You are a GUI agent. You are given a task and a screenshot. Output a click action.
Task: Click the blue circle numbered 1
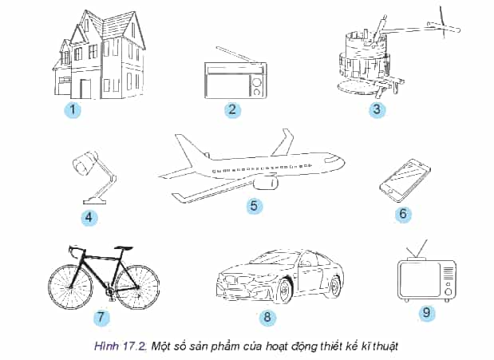click(73, 110)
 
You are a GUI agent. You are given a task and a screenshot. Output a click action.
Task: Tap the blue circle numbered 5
click(254, 206)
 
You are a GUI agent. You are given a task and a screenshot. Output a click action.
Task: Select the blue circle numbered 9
click(426, 312)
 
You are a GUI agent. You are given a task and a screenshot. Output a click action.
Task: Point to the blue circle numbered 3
click(377, 109)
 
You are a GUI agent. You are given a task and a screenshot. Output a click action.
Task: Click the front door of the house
click(85, 89)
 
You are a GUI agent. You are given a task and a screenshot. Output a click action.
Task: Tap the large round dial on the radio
click(256, 81)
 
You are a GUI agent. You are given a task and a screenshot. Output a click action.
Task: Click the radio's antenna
click(236, 55)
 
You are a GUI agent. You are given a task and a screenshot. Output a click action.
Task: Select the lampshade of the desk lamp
click(85, 162)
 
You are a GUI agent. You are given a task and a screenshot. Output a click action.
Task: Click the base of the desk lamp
click(95, 200)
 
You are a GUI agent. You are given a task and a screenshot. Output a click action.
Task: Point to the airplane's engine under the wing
click(265, 183)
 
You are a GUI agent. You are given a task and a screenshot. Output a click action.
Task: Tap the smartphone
click(405, 180)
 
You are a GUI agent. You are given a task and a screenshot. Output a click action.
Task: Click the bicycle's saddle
click(124, 248)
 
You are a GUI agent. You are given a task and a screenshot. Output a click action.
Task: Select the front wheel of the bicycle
click(70, 287)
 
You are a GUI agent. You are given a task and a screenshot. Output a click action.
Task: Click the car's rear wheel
click(336, 286)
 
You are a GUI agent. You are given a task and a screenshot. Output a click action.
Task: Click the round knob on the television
click(448, 291)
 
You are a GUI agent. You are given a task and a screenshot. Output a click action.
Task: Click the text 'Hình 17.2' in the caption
click(121, 346)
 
